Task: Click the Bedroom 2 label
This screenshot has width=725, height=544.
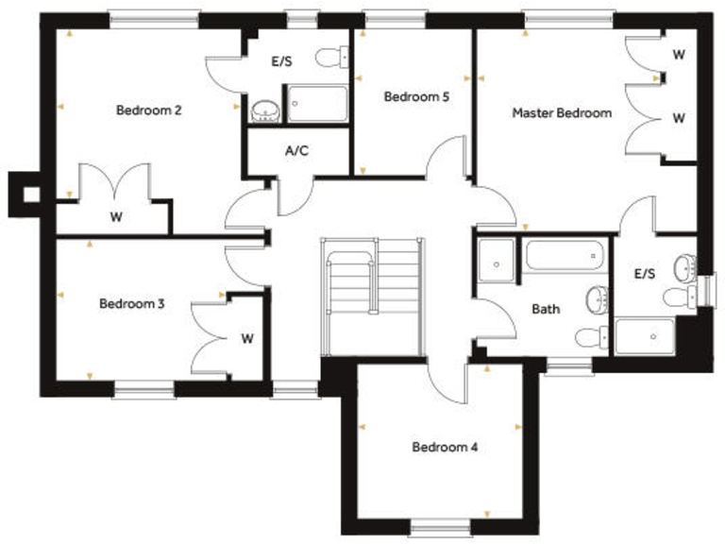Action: pyautogui.click(x=148, y=110)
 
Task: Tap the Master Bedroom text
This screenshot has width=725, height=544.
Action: pyautogui.click(x=562, y=112)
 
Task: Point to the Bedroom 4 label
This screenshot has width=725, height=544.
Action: pyautogui.click(x=445, y=447)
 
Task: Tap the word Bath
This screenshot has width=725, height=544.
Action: pyautogui.click(x=546, y=309)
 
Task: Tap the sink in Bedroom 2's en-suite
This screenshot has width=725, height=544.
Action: pyautogui.click(x=266, y=111)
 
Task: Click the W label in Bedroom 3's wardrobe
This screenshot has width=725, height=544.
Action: pyautogui.click(x=246, y=337)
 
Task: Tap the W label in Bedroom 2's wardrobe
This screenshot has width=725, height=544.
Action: pyautogui.click(x=116, y=217)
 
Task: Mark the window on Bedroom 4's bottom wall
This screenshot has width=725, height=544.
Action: pyautogui.click(x=440, y=530)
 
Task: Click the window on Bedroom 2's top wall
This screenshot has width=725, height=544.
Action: pyautogui.click(x=154, y=17)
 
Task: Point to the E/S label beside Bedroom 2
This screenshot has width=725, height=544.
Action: pyautogui.click(x=281, y=61)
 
